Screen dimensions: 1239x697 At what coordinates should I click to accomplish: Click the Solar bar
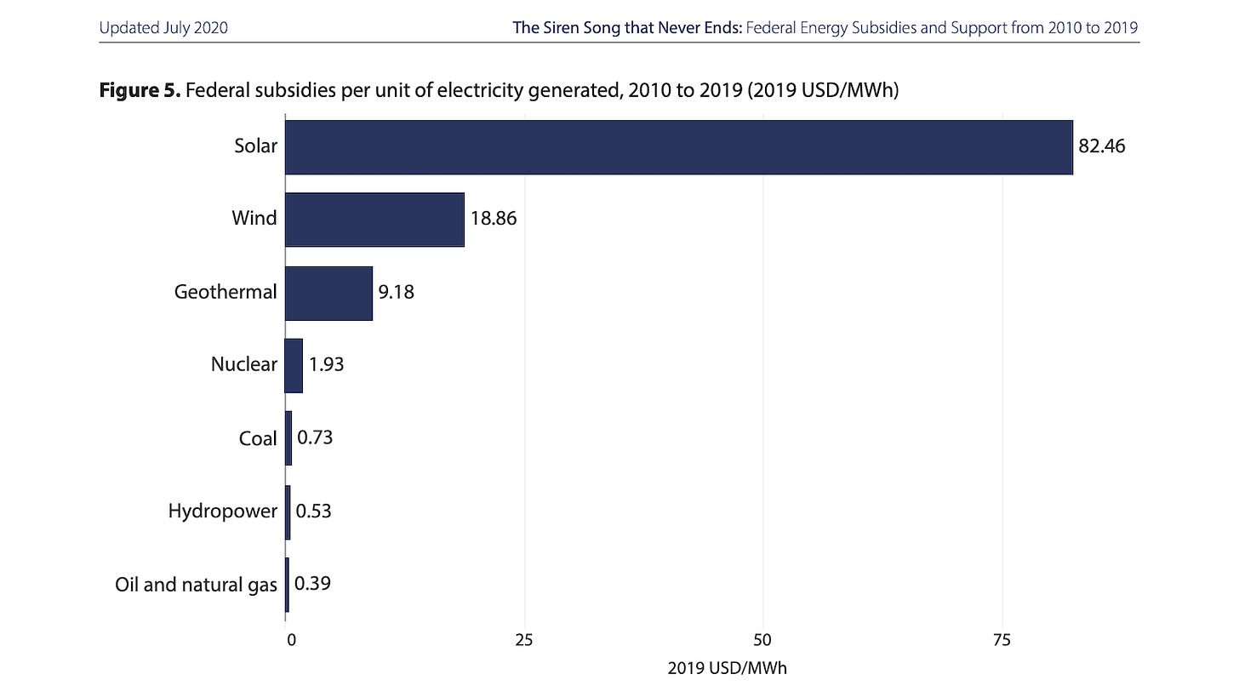tap(679, 147)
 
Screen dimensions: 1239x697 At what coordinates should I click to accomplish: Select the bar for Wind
tap(374, 220)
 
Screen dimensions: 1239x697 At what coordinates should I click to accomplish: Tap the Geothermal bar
tap(328, 293)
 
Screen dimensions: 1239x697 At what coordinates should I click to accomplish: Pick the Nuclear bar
tap(294, 366)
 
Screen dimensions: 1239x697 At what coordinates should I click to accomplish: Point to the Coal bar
tap(288, 438)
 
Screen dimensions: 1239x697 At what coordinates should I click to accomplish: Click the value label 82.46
tap(1101, 146)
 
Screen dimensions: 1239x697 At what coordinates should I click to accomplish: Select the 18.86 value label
tap(494, 219)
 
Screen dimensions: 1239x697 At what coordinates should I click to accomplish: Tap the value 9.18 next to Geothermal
tap(396, 292)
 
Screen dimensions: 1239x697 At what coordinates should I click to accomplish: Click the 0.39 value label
tap(312, 584)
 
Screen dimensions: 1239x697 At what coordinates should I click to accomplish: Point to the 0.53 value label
tap(314, 511)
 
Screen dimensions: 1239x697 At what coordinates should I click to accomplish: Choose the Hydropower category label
tap(222, 511)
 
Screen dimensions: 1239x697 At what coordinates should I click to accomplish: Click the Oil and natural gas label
tap(196, 585)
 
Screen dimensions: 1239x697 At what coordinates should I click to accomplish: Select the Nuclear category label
tap(244, 364)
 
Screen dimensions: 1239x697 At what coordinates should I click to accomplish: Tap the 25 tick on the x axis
tap(524, 640)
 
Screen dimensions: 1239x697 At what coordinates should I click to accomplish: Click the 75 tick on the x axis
tap(1002, 640)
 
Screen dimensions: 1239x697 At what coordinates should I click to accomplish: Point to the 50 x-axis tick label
tap(762, 640)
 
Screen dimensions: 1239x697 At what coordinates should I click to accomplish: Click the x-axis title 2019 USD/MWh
tap(727, 668)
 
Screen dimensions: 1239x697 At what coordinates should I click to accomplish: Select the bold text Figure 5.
tap(140, 90)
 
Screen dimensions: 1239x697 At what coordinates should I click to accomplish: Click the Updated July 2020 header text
tap(163, 27)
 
